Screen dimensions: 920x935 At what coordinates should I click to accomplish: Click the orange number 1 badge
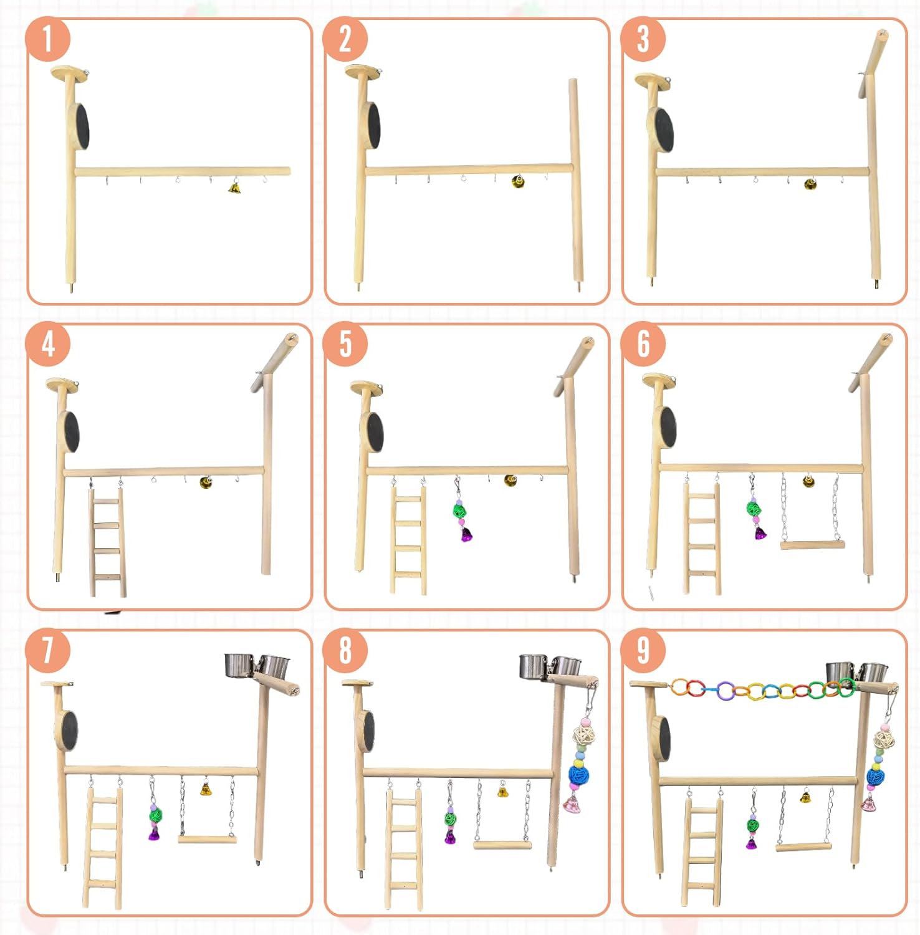[x=47, y=39]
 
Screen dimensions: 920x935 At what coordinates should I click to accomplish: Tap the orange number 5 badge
[x=345, y=344]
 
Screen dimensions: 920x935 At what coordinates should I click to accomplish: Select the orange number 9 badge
[x=643, y=650]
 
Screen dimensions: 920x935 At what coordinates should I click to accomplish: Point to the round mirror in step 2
[x=373, y=126]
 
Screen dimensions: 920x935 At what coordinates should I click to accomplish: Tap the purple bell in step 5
[x=466, y=534]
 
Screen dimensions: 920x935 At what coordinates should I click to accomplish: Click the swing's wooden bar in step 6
[x=813, y=545]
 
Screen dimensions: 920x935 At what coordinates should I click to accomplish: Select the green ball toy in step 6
[x=754, y=507]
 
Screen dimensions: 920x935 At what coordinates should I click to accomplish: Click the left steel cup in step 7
[x=238, y=665]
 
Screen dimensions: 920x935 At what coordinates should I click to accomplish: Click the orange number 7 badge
[x=47, y=650]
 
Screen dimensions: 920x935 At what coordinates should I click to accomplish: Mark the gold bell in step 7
[x=206, y=789]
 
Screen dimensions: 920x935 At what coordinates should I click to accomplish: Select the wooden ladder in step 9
[x=702, y=851]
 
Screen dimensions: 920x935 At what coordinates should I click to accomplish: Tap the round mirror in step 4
[x=70, y=431]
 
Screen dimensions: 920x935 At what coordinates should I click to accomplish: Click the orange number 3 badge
[x=643, y=39]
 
